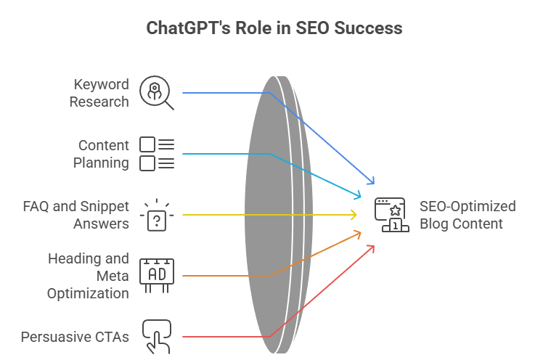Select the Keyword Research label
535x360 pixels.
[99, 93]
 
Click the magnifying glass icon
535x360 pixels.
[157, 92]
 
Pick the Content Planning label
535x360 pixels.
[101, 153]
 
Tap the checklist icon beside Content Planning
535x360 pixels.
[157, 153]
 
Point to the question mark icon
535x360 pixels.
[157, 216]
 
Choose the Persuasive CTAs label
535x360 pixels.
[75, 337]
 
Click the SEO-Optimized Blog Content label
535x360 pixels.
[467, 215]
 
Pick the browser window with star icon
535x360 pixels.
[391, 215]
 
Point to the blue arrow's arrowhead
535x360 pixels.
[373, 181]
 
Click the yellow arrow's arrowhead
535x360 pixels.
[354, 215]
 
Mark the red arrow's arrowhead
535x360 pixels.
[372, 247]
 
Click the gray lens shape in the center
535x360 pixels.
[276, 215]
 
